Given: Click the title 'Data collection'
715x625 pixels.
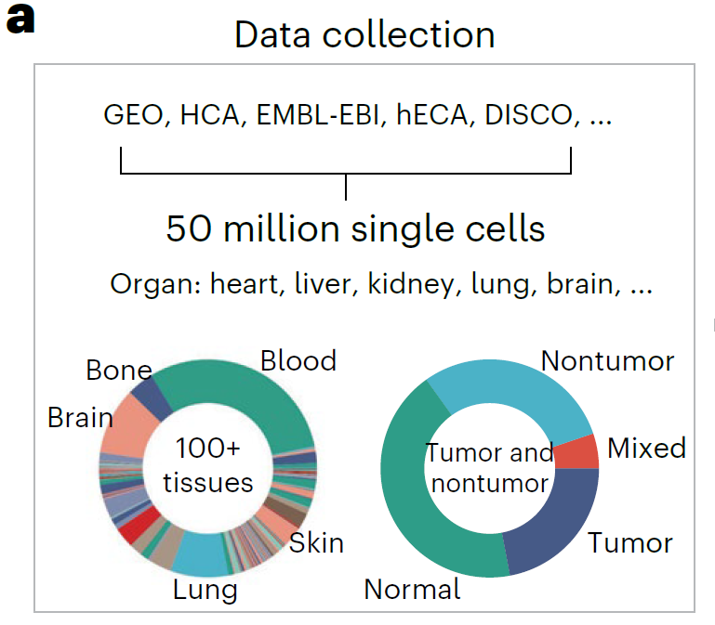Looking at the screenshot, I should click(x=364, y=35).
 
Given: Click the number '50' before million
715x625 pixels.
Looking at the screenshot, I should click(x=189, y=228).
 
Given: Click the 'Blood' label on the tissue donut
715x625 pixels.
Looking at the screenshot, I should click(x=298, y=360).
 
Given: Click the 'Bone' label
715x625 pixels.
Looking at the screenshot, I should click(x=118, y=371).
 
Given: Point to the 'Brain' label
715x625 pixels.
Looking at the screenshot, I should click(x=80, y=418).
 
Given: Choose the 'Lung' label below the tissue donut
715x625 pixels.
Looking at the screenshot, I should click(x=205, y=589).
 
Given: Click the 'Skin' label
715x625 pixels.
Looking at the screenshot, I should click(x=316, y=542).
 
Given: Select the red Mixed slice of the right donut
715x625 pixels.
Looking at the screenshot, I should click(x=576, y=452).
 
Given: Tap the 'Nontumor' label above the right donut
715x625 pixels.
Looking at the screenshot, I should click(x=607, y=360).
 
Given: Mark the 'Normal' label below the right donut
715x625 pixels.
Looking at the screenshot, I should click(x=412, y=589).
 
